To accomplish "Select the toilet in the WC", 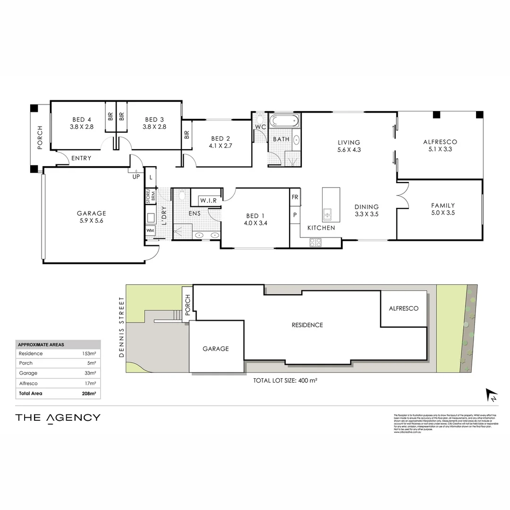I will coord(260,119).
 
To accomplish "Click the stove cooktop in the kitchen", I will coord(315,242).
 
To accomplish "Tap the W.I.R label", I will coord(208,201).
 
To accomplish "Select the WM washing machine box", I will coord(151,230).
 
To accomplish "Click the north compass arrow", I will coord(492,395).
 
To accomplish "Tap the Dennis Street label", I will coord(122,327).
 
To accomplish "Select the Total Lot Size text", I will coord(285,381).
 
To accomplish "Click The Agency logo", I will coord(58,417).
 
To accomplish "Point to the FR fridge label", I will coord(295,197).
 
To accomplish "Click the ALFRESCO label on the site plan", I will coord(403,308).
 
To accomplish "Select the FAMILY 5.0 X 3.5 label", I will coord(442,209).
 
